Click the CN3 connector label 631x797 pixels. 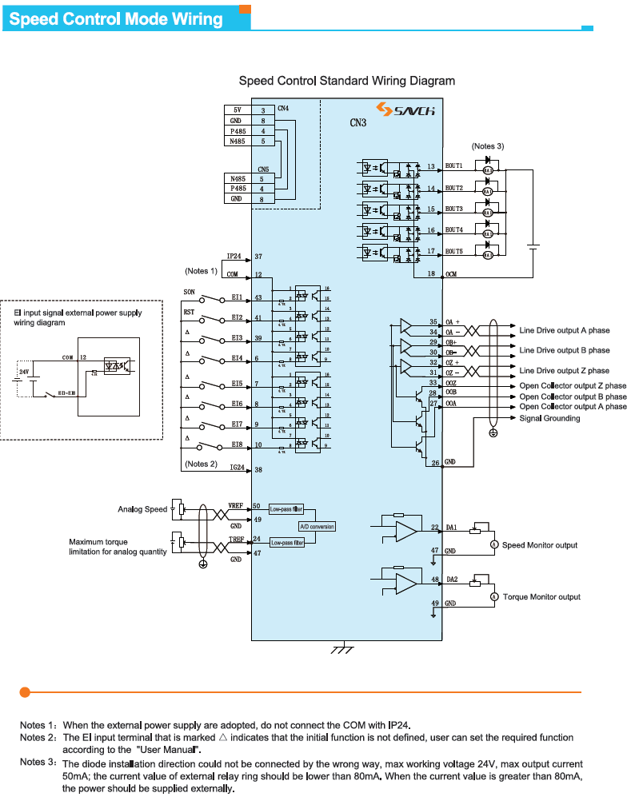(357, 124)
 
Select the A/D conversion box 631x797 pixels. (317, 527)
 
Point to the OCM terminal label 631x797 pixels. (451, 274)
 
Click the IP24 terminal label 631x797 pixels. (234, 257)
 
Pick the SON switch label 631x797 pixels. (190, 292)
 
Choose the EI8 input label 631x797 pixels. (237, 444)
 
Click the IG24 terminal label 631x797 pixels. (237, 470)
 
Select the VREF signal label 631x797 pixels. (236, 506)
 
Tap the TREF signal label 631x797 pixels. (236, 540)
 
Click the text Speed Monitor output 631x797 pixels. (540, 545)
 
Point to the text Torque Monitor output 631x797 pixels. (541, 597)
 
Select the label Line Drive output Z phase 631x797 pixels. (564, 371)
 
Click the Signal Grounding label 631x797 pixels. (549, 418)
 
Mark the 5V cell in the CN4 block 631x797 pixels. (238, 110)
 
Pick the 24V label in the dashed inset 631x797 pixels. (25, 372)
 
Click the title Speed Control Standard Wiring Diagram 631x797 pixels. (347, 81)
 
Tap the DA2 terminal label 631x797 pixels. (450, 580)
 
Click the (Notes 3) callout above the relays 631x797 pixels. (488, 146)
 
